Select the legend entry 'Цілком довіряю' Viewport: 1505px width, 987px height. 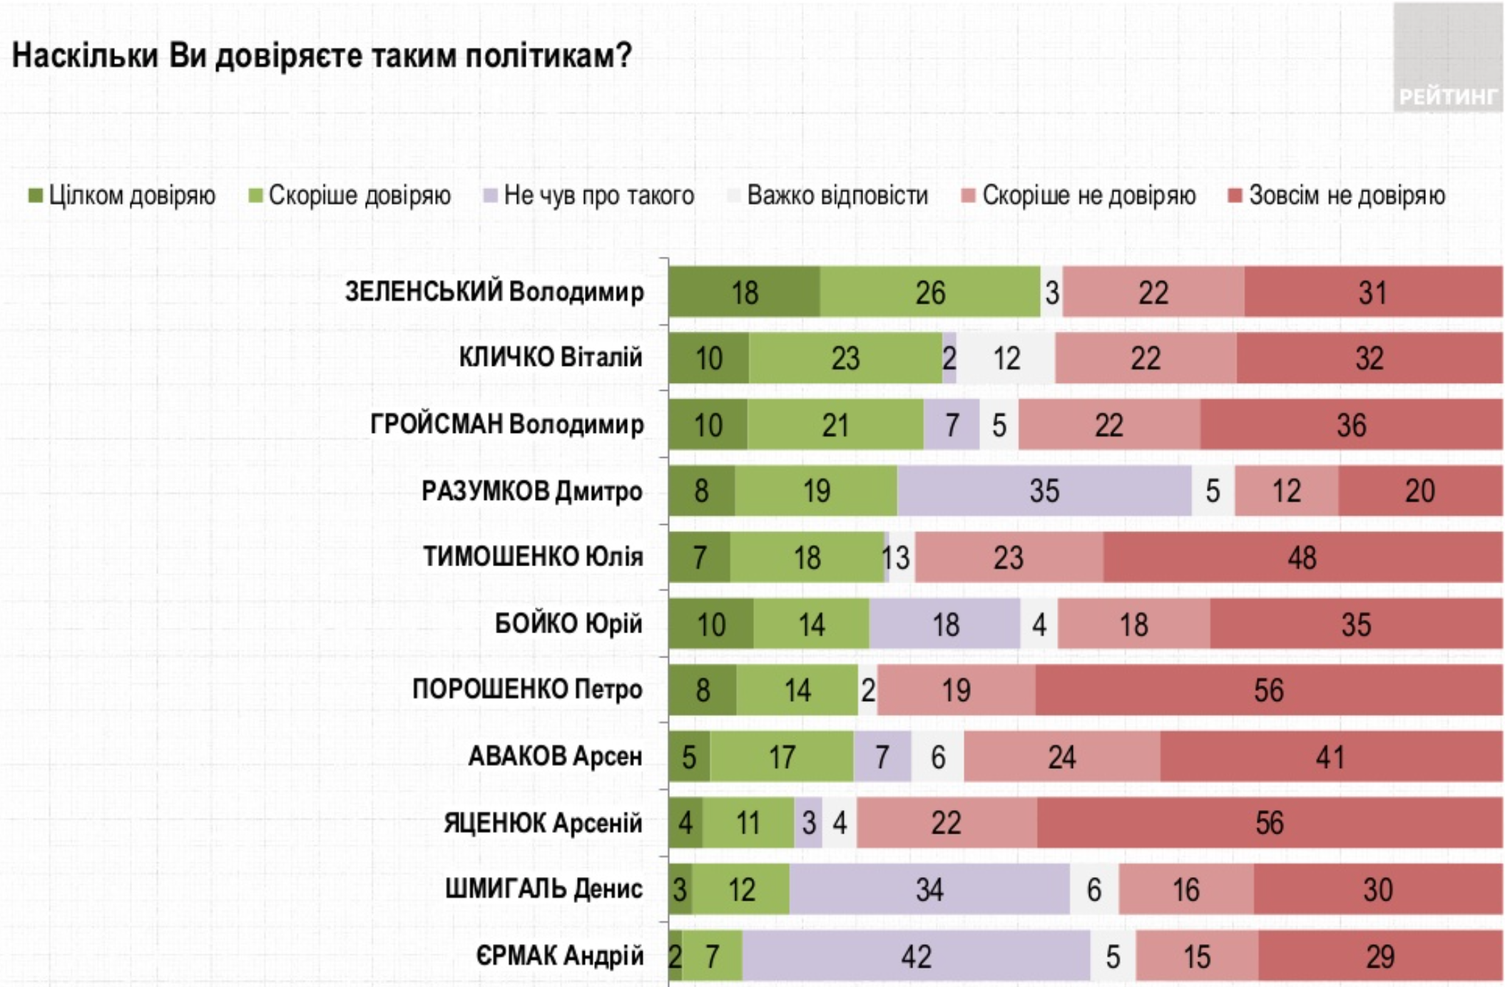tap(122, 195)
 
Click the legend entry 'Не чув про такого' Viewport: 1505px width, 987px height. tap(589, 195)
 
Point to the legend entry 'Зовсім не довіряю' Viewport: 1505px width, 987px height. tap(1337, 195)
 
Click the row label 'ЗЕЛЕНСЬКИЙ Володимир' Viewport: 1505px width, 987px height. tap(494, 292)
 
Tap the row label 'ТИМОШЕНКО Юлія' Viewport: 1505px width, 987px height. tap(533, 556)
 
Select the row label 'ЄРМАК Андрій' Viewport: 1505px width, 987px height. tap(559, 956)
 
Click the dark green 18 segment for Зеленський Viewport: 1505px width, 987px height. tap(744, 292)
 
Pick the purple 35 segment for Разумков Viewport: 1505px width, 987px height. tap(1044, 491)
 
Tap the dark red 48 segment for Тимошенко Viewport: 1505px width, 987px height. tap(1302, 557)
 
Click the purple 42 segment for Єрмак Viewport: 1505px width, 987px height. tap(916, 956)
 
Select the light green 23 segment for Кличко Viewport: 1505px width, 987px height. tap(845, 358)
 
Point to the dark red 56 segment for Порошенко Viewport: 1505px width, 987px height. tap(1269, 690)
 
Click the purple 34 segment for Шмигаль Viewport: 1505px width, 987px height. tap(929, 889)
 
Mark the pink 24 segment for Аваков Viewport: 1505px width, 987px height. tap(1061, 757)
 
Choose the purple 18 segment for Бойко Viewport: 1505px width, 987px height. tap(945, 624)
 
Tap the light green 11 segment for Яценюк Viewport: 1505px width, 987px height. tap(748, 823)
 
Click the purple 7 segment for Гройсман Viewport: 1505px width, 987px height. tap(952, 424)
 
